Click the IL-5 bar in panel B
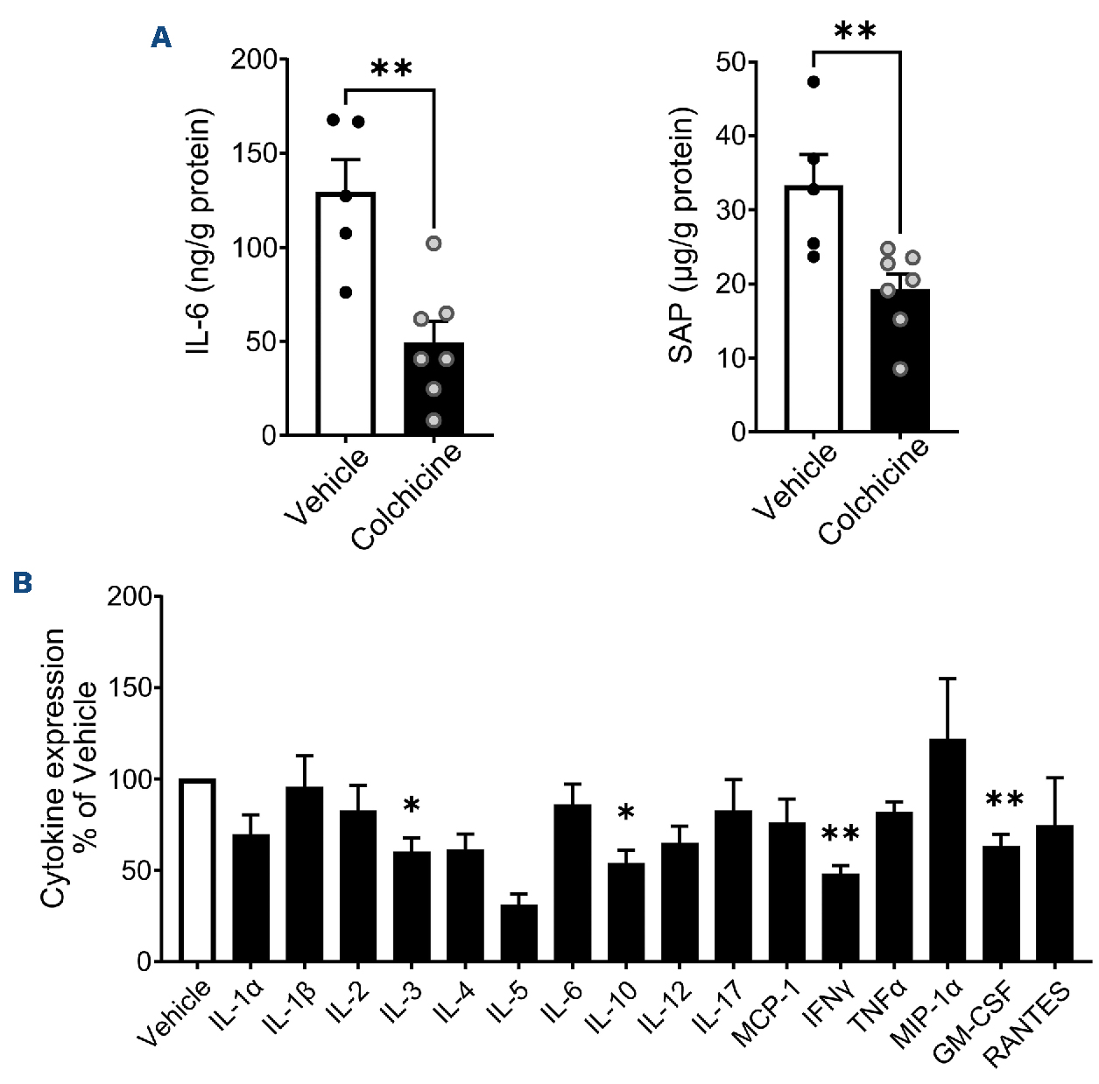click(518, 933)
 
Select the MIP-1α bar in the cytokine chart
click(948, 849)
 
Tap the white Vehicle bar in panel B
click(197, 870)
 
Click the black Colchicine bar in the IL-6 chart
click(433, 389)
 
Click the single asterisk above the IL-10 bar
click(626, 813)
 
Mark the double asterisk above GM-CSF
click(1004, 799)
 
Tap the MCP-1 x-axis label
click(767, 1013)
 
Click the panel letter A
click(161, 37)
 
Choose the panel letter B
click(23, 582)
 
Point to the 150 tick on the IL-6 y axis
click(254, 153)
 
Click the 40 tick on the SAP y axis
click(730, 136)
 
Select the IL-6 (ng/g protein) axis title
click(199, 232)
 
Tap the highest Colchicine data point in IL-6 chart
click(433, 243)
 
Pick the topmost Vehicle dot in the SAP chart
click(814, 82)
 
